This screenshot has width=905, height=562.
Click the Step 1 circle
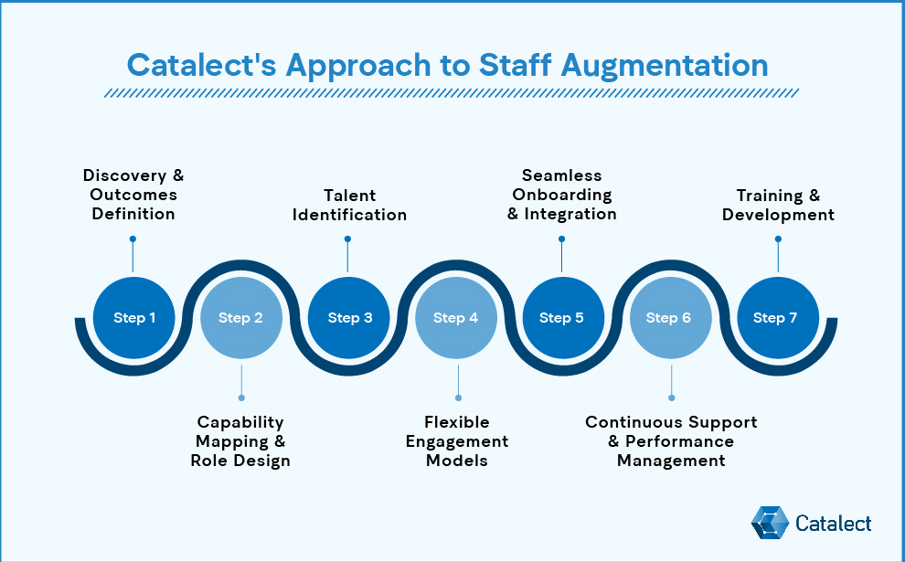(134, 318)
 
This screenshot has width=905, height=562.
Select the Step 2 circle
(241, 318)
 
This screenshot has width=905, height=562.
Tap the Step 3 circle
(349, 318)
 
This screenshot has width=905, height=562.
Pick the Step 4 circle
(456, 318)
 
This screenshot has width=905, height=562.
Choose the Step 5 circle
(562, 318)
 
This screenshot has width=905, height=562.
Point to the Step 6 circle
(670, 318)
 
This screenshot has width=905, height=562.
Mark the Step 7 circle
(777, 318)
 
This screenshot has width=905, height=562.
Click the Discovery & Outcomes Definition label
(133, 195)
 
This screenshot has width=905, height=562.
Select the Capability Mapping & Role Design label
(240, 441)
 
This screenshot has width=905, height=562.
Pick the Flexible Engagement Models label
(457, 441)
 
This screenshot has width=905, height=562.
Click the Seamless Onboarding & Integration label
(562, 195)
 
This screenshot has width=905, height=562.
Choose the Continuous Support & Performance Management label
(671, 441)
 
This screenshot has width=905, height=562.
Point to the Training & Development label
(778, 205)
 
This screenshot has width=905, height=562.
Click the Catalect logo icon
(769, 523)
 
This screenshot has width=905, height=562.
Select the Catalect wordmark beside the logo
(833, 524)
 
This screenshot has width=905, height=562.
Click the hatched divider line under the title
(452, 92)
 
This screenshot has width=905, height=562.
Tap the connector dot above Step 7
(778, 239)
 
